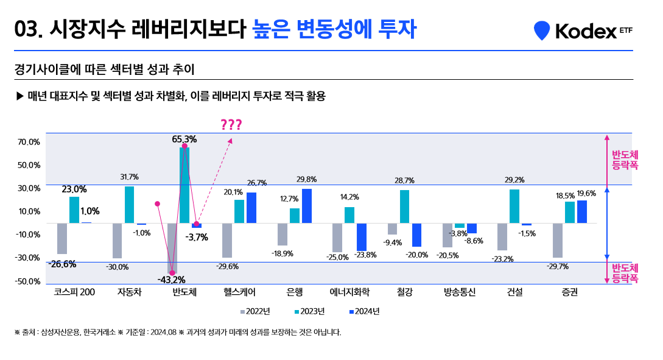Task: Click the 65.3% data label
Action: (x=184, y=139)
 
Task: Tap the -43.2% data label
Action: (x=172, y=280)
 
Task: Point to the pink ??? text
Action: (x=231, y=125)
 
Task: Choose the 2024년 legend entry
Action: (x=364, y=311)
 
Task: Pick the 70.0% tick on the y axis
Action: (x=29, y=142)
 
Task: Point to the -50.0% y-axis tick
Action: (x=29, y=281)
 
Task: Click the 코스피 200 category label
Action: (x=74, y=292)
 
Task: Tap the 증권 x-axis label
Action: (x=569, y=292)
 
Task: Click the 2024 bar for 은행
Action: (x=306, y=206)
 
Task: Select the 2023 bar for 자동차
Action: (x=129, y=205)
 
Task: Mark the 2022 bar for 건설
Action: (x=502, y=236)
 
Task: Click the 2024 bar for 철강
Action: (x=416, y=235)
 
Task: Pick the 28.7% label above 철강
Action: (x=404, y=181)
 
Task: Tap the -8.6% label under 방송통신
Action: (x=474, y=241)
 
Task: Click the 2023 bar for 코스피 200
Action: (x=74, y=210)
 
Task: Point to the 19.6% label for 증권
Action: (x=586, y=194)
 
